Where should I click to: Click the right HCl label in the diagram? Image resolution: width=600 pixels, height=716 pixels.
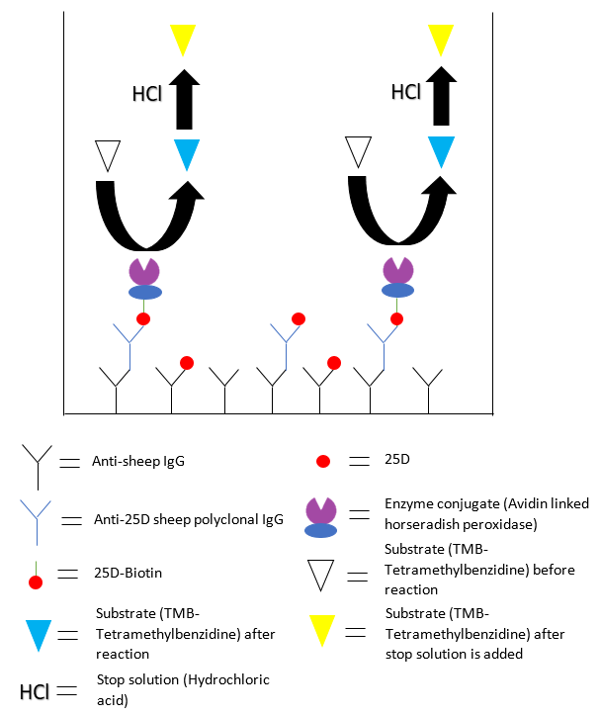(406, 92)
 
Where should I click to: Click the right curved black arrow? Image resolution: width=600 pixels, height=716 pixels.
(399, 213)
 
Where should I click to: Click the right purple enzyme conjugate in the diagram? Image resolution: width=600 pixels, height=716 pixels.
(397, 277)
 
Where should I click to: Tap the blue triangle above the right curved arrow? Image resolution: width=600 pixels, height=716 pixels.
(441, 150)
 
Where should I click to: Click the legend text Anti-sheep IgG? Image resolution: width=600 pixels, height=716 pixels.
(138, 461)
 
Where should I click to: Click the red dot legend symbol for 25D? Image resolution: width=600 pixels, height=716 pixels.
(321, 462)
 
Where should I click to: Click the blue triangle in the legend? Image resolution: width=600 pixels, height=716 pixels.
(39, 631)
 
